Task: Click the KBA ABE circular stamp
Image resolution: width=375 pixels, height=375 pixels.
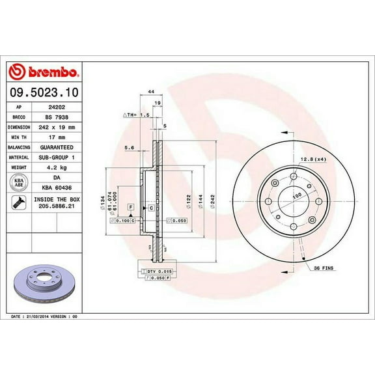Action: [x=20, y=181]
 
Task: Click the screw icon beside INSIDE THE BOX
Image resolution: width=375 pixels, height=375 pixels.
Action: [x=20, y=204]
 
